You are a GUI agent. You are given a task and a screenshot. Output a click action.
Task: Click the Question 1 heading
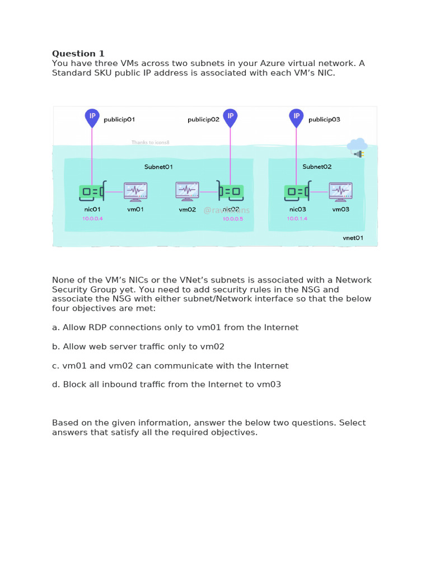[78, 54]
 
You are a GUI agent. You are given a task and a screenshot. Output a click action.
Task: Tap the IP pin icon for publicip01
[92, 118]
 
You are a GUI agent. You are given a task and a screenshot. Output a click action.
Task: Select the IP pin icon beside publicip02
[230, 118]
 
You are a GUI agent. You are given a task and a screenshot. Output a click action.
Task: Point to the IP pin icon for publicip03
[297, 118]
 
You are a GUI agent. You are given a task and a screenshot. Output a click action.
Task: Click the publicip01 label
[119, 119]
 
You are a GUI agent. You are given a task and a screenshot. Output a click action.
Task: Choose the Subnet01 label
[158, 167]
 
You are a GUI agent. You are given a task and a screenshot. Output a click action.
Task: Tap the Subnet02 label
[317, 167]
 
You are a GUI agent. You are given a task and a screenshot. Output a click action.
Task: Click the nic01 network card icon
[92, 192]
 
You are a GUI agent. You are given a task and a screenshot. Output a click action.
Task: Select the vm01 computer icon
[135, 191]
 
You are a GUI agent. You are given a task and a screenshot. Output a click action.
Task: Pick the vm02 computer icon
[187, 191]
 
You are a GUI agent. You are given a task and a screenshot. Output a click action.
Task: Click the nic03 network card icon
[297, 192]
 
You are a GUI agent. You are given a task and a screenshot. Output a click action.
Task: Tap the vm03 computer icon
[340, 191]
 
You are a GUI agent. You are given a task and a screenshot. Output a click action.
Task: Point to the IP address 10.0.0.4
[92, 218]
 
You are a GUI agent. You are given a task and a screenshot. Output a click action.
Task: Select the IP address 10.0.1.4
[297, 218]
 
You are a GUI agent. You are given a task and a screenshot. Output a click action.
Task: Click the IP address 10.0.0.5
[233, 219]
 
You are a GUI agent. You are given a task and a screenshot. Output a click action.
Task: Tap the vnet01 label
[353, 238]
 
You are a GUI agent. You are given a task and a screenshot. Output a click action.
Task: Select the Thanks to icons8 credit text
[150, 143]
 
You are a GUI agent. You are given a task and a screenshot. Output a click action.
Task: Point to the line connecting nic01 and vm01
[115, 192]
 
